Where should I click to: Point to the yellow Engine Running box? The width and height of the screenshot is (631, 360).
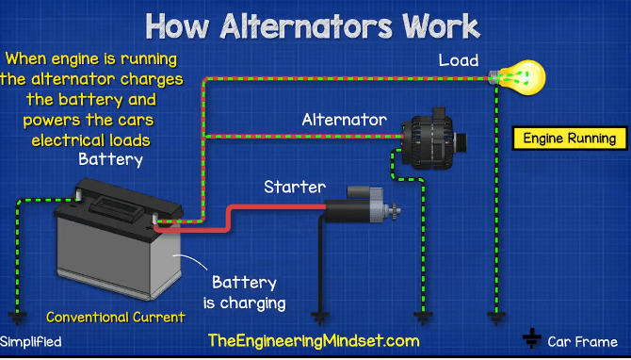pos(570,139)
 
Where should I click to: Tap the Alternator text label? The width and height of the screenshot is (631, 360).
pos(344,121)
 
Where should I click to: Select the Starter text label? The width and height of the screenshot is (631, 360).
pos(295,187)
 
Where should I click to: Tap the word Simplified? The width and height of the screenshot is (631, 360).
pos(31,341)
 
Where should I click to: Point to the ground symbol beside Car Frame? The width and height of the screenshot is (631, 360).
pos(531,338)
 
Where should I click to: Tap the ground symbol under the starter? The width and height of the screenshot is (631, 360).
pos(324,319)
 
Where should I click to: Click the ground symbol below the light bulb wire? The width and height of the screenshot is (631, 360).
pos(492,319)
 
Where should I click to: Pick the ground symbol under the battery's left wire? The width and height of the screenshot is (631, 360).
pos(16,319)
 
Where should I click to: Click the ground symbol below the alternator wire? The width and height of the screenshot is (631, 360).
pos(423,319)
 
